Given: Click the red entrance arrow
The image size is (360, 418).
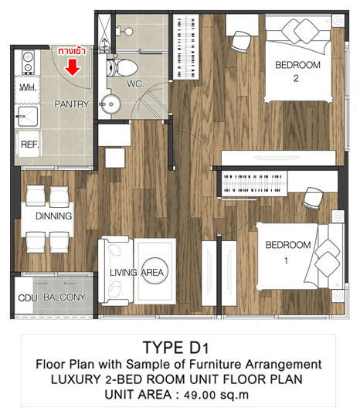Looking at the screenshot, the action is pos(73,67).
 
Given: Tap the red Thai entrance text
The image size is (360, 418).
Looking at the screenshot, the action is pos(72,51).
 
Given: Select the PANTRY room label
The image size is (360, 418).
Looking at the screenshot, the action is pos(71,104).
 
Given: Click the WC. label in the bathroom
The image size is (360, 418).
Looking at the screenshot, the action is pos(135,84).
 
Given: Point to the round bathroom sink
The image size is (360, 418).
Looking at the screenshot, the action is pos(110,104).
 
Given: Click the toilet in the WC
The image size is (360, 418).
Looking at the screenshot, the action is pos(122,67).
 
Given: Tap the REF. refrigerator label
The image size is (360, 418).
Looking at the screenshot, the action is pos(30,144).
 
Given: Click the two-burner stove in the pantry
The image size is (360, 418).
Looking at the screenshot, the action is pos(28,62).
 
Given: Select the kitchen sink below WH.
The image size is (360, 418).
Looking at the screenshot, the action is pos(27,117).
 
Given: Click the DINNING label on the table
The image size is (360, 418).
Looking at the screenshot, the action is pos(53,216).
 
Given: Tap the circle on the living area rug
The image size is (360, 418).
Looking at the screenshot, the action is pos(155,271).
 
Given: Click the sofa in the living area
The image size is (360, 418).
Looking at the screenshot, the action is pos(116,271).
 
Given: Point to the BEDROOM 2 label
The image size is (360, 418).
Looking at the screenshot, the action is pos(297,71).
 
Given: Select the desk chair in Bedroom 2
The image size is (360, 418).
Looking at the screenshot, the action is pos(240,42).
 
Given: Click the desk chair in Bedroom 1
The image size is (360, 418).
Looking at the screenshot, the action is pos(313,199).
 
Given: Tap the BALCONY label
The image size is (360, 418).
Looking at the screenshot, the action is pos(64,297).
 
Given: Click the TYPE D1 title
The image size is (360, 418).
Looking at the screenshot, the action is pos(176,348).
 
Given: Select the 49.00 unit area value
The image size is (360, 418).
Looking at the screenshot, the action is pos(200,395).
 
